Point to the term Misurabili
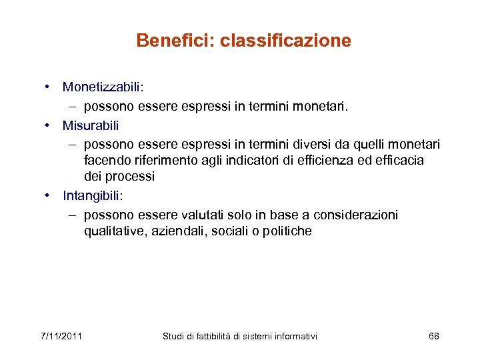pos(90,125)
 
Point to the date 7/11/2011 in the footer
pos(61,335)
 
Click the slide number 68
pos(433,335)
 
